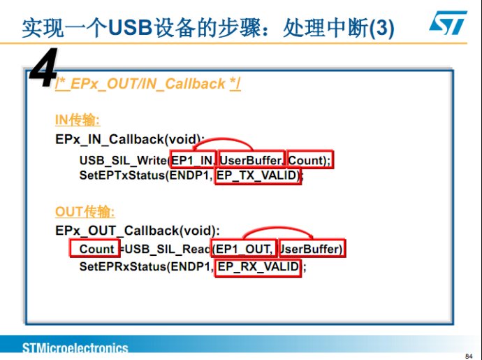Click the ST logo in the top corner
pos(448,23)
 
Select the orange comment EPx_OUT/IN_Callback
pos(148,84)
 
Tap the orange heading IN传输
pos(78,120)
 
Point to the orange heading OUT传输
pos(85,212)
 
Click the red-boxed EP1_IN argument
pos(192,160)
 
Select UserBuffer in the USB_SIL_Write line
pos(251,160)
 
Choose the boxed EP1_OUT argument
pos(244,249)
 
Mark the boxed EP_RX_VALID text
pos(258,266)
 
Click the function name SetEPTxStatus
pos(122,175)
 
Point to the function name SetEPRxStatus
pos(123,266)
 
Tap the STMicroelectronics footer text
pos(75,348)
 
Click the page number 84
pos(469,356)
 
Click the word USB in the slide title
pos(131,28)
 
